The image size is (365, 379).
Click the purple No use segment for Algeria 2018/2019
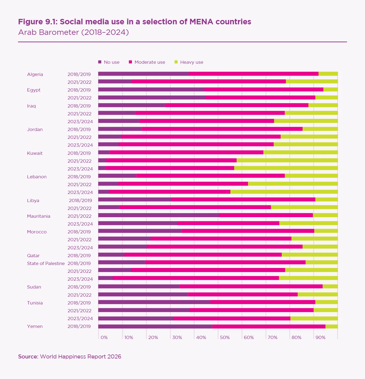(143, 74)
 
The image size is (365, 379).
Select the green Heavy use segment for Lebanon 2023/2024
(284, 192)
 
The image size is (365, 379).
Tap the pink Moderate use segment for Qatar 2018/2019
(203, 255)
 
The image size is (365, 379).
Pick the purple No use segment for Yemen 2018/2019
(155, 326)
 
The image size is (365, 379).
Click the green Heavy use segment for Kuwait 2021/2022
(287, 160)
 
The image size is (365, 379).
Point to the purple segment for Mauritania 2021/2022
(158, 215)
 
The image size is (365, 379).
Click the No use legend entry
(109, 62)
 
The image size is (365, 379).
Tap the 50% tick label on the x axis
(225, 337)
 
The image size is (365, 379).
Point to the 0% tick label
(104, 337)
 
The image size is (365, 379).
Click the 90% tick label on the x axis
(320, 337)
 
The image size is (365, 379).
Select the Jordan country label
(35, 129)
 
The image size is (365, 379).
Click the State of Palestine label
(46, 263)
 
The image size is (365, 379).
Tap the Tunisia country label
(35, 303)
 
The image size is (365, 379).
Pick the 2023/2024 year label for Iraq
(80, 122)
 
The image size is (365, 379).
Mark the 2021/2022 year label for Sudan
(79, 295)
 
